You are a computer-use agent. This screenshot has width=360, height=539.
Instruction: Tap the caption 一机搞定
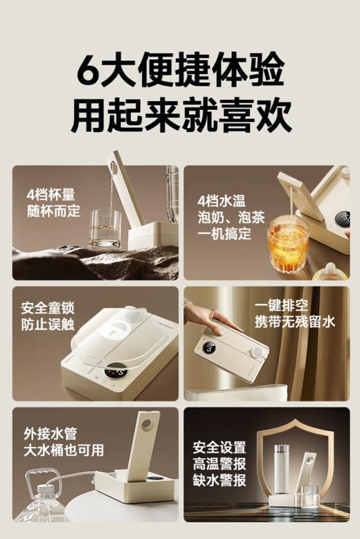(x=225, y=235)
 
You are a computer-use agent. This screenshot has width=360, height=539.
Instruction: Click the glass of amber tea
(x=286, y=245)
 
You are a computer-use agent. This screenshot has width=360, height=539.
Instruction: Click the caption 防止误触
(x=48, y=325)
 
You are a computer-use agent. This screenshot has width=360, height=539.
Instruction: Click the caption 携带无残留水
(x=294, y=322)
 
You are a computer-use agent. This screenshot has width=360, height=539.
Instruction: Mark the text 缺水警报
(x=219, y=480)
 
